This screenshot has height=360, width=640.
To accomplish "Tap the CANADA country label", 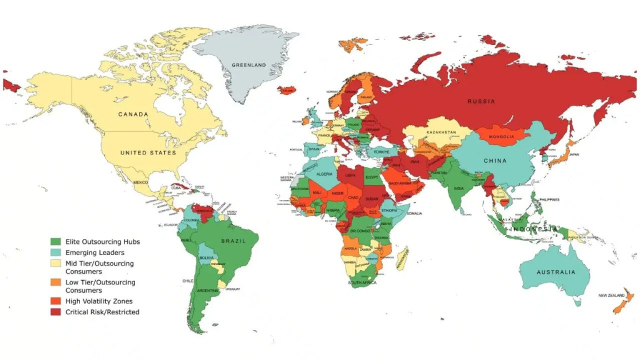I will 133,114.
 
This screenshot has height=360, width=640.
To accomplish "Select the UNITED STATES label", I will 148,153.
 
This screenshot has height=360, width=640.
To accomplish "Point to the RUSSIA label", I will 481,102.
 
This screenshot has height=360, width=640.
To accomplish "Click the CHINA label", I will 495,161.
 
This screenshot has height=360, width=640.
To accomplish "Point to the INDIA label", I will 458,188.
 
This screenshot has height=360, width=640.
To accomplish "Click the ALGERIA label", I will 324,174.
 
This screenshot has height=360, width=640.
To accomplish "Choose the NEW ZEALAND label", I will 611,295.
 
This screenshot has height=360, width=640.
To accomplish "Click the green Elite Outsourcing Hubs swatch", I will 56,242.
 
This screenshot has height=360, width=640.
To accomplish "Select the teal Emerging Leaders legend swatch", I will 56,253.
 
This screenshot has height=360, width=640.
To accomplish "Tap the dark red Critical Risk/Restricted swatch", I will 56,312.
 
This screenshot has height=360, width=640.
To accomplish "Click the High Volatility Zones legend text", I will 99,301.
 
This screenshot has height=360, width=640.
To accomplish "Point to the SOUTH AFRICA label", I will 362,283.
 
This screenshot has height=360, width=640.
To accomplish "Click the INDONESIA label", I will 533,229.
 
